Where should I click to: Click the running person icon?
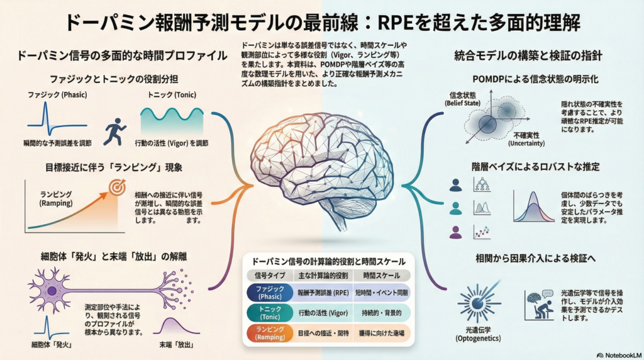tap(114, 130)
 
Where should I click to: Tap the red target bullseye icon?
tap(116, 188)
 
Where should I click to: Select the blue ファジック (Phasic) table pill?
tap(270, 293)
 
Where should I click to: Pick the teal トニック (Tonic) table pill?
tap(270, 312)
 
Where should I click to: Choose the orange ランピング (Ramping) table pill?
tap(270, 332)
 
